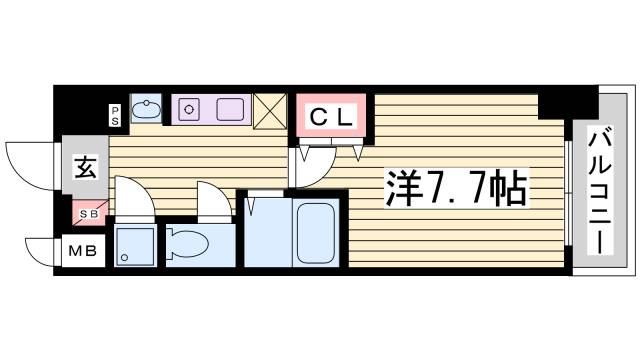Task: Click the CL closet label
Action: click(x=331, y=116)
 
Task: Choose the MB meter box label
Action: click(x=83, y=251)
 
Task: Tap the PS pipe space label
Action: click(x=116, y=114)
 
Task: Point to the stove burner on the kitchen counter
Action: click(x=189, y=108)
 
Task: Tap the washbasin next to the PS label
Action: click(x=147, y=110)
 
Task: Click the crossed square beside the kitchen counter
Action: click(x=270, y=111)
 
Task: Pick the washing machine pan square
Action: click(x=134, y=245)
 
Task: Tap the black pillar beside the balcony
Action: click(x=555, y=102)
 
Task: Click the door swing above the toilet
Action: click(x=213, y=200)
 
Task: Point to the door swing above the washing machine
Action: click(x=132, y=197)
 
